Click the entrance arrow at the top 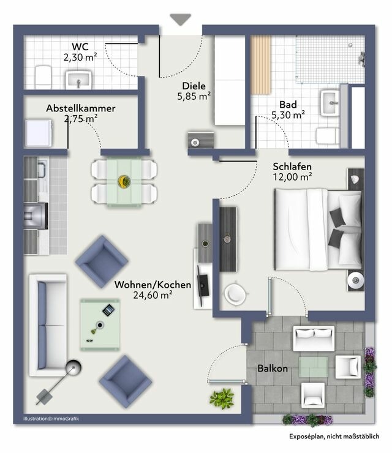pos(181,19)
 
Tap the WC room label pos(80,47)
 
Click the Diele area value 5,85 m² pos(194,96)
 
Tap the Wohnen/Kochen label pos(153,285)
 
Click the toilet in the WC pos(43,76)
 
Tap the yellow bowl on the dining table pos(123,181)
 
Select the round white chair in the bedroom pos(235,294)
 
